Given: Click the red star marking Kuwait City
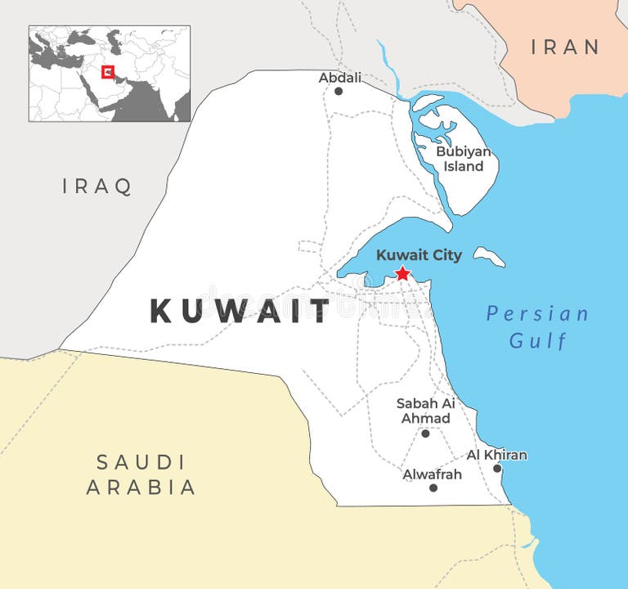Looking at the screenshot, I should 402,273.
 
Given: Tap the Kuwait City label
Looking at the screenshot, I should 419,255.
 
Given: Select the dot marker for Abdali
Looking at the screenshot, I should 339,91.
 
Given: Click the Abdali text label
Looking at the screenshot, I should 339,78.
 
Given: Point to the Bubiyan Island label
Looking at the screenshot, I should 463,159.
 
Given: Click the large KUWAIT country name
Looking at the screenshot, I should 240,312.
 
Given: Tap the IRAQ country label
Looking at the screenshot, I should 97,187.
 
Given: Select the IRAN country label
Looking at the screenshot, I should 565,47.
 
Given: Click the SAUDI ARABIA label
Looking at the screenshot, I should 141,474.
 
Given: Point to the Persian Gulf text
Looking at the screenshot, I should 537,326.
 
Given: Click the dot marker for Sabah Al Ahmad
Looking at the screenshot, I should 425,433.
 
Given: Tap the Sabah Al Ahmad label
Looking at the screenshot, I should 425,411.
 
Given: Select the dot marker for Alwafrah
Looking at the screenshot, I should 433,488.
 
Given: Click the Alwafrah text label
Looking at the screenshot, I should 432,474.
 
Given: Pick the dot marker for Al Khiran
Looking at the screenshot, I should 497,468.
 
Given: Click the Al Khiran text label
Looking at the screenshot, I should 496,455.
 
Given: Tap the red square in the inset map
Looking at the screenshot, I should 107,72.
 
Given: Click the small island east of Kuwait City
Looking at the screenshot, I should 489,256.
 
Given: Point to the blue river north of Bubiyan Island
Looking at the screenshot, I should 390,65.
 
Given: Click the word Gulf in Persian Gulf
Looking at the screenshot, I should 538,340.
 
